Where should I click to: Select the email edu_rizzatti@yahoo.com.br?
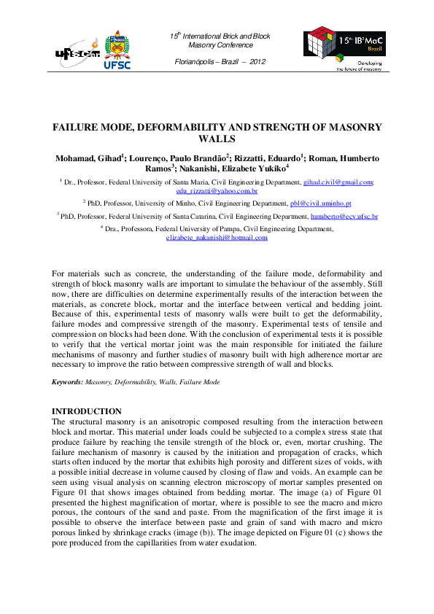point(217,189)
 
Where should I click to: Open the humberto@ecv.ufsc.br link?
point(344,217)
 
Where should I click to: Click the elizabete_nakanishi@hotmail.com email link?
point(217,238)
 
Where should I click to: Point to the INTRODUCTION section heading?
point(87,411)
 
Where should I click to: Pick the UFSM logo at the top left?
point(77,53)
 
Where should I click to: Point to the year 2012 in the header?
point(257,61)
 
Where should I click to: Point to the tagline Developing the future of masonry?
point(359,68)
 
